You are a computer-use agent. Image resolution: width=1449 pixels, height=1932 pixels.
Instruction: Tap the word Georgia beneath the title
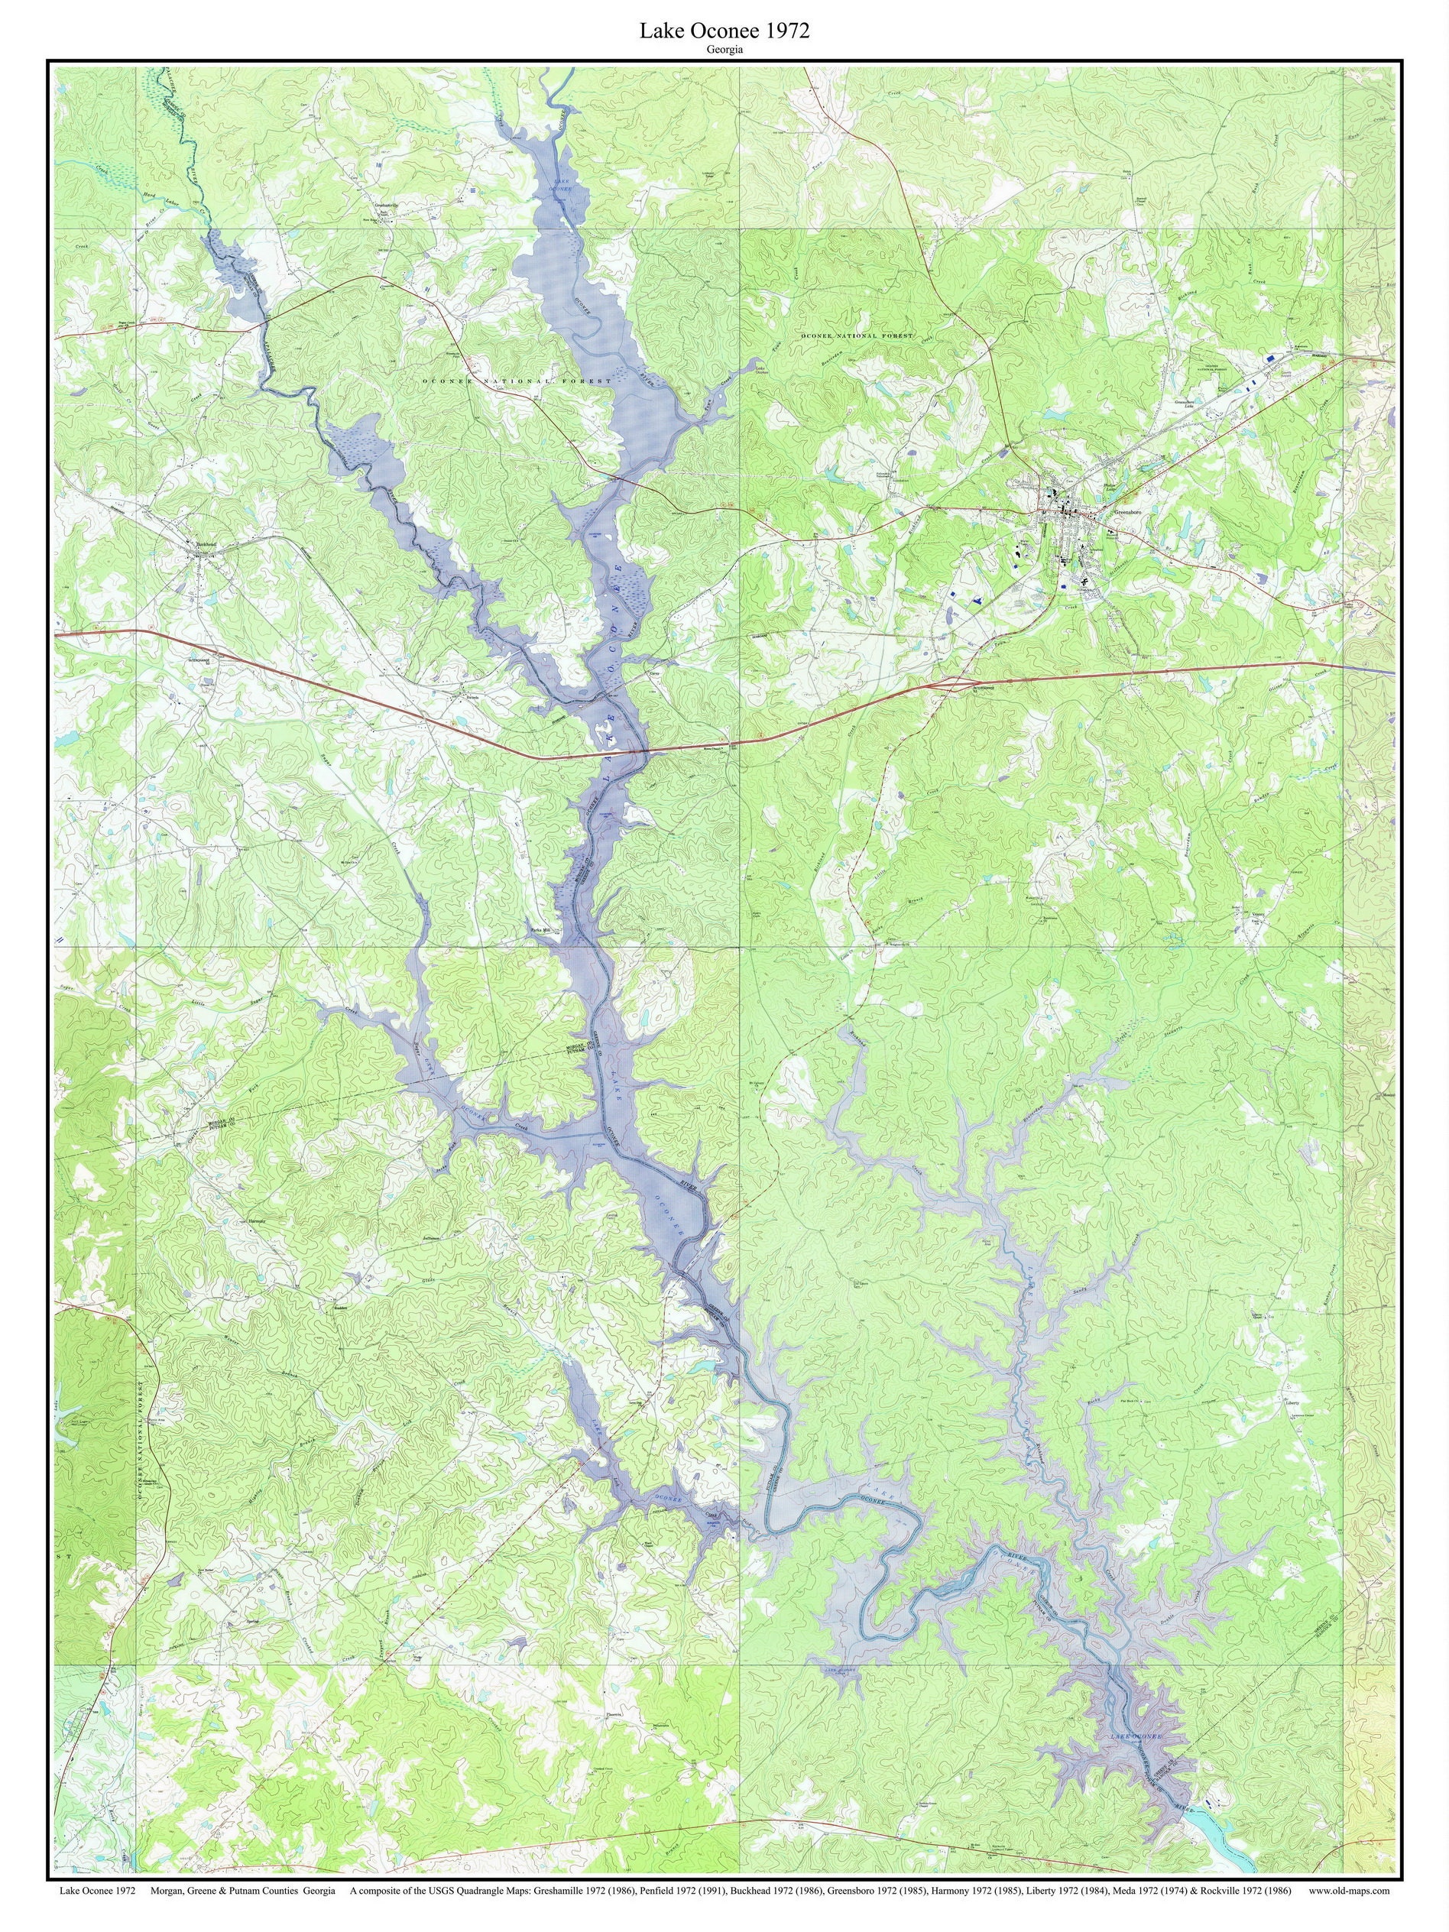pos(725,50)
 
